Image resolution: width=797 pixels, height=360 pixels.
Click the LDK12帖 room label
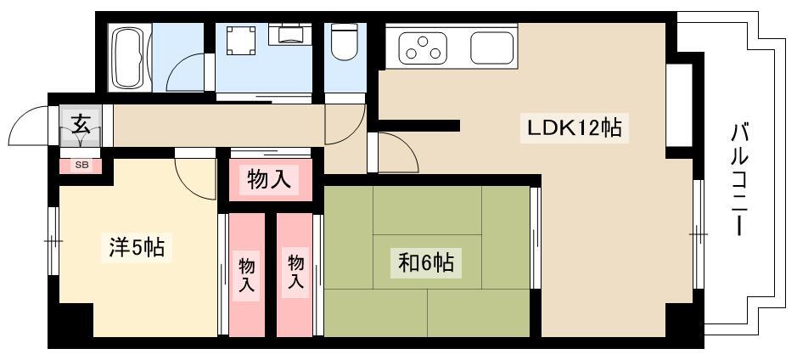point(574,127)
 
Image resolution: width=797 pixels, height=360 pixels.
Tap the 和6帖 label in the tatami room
point(426,263)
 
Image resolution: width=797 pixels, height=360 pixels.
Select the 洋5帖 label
point(137,248)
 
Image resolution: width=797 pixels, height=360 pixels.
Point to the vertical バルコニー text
point(741,181)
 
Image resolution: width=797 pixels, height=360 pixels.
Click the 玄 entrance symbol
point(81,124)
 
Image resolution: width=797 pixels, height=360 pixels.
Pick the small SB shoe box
point(81,166)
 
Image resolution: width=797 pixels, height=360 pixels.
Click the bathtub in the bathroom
point(130,58)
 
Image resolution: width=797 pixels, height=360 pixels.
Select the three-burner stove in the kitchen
point(423,48)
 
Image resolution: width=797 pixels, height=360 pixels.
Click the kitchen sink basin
point(491,48)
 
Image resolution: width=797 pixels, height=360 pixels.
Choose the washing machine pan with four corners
point(240,40)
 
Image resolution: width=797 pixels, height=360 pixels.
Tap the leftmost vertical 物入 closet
point(247,274)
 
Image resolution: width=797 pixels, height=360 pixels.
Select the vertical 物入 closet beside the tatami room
point(295,274)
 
